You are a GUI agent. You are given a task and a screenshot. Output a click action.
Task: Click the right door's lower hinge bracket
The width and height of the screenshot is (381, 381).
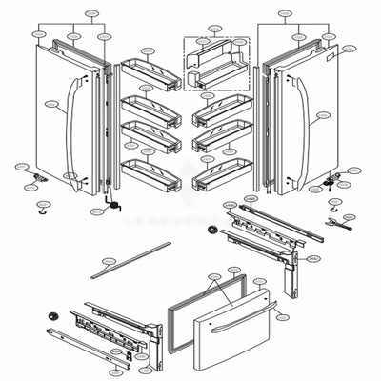tap(333, 181)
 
